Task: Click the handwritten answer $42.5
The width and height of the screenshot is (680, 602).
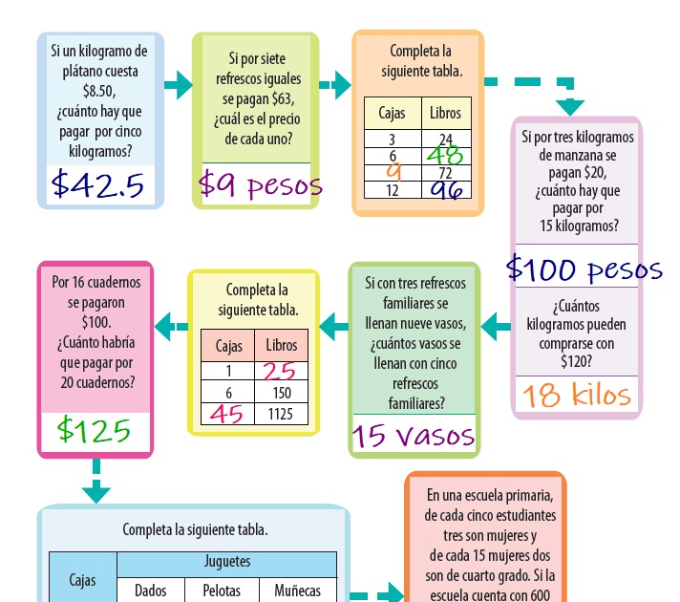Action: coord(98,183)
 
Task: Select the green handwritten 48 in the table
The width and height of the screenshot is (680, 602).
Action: coord(445,155)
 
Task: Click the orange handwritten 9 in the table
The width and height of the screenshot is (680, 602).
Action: coord(393,172)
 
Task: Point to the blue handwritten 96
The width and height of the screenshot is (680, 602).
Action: coord(446,189)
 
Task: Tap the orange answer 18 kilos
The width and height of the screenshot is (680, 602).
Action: coord(576,394)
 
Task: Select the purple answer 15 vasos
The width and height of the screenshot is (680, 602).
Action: coord(414,436)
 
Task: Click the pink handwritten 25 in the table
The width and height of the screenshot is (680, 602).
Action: coord(280,371)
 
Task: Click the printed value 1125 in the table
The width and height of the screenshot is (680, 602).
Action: coord(281,414)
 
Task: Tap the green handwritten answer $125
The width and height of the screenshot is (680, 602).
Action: coord(94,430)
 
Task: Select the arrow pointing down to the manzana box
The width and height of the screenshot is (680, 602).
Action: coord(570,103)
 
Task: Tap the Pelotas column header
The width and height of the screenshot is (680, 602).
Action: coord(222,591)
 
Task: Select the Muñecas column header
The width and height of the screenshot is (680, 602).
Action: coord(297,591)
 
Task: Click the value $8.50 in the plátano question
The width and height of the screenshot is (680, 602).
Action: coord(98,92)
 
